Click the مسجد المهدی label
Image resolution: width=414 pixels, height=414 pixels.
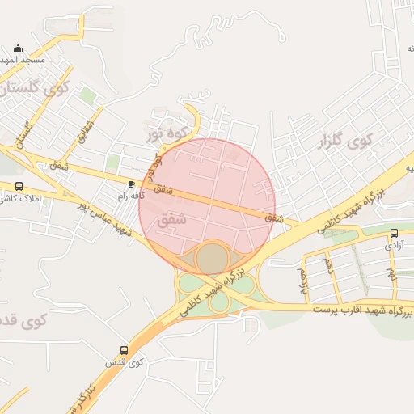click(x=24, y=61)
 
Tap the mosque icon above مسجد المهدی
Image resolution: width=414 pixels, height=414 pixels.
click(x=19, y=49)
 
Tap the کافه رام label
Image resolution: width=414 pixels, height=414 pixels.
click(x=130, y=196)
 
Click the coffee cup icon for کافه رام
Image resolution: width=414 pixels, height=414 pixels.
click(x=131, y=184)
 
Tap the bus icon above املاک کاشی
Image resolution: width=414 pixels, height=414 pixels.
click(x=19, y=187)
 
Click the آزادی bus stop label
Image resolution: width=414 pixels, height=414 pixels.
click(x=394, y=244)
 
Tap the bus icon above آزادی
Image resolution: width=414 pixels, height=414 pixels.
click(x=394, y=233)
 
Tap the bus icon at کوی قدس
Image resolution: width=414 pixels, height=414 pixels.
click(x=124, y=350)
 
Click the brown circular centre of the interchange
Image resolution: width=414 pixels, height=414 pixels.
click(x=211, y=259)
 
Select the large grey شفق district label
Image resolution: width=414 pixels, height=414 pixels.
click(x=175, y=218)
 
